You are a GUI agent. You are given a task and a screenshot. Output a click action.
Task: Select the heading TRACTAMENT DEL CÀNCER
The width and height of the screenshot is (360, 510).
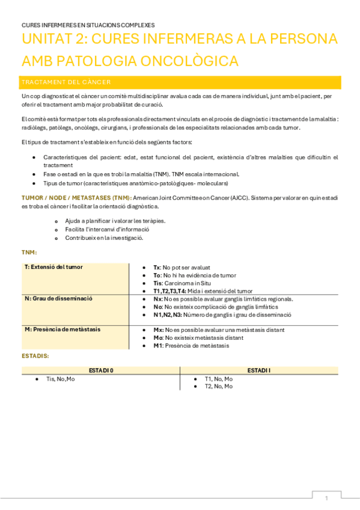(x=66, y=82)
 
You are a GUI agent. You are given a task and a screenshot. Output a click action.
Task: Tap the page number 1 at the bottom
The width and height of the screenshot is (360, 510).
(x=326, y=499)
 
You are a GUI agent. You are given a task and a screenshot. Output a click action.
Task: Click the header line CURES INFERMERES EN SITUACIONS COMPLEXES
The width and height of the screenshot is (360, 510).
(x=88, y=25)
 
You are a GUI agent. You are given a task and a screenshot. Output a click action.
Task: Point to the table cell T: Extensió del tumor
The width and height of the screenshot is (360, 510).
(x=53, y=266)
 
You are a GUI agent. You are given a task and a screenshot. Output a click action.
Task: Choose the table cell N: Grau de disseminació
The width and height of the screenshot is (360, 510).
(x=58, y=298)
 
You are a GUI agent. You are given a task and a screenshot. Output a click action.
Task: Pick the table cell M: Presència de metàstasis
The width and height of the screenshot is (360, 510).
(x=63, y=329)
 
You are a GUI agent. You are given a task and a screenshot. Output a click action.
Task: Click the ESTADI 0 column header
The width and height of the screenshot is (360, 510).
(x=101, y=370)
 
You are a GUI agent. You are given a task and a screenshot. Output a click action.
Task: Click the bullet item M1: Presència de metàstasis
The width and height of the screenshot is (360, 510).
(x=191, y=345)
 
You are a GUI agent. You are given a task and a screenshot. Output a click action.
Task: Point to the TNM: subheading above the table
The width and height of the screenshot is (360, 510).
(x=29, y=252)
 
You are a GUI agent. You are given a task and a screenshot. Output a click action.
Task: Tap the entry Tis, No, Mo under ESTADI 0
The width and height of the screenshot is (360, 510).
(x=61, y=379)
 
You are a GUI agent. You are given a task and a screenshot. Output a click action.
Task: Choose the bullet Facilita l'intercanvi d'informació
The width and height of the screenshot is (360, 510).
(x=107, y=229)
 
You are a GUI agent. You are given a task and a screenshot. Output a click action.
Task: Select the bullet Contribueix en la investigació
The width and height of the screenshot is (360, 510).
(x=104, y=238)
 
